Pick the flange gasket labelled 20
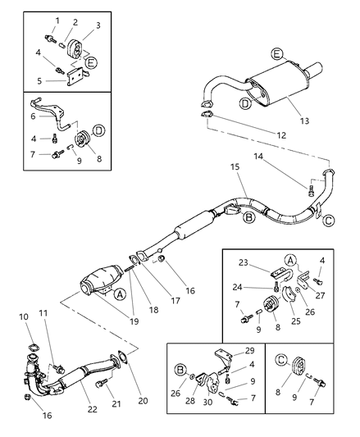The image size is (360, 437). click(x=121, y=357)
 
